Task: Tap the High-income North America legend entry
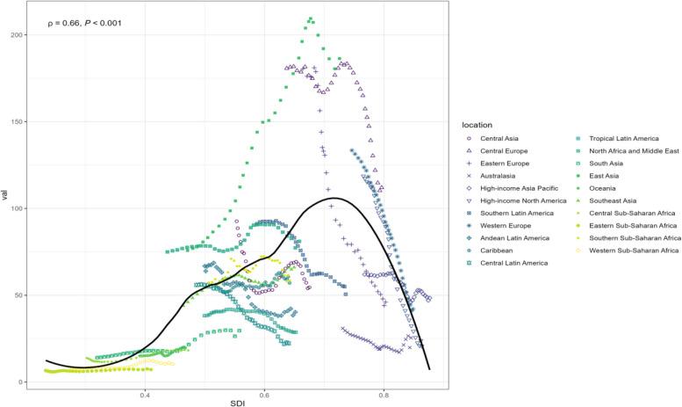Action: click(523, 200)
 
